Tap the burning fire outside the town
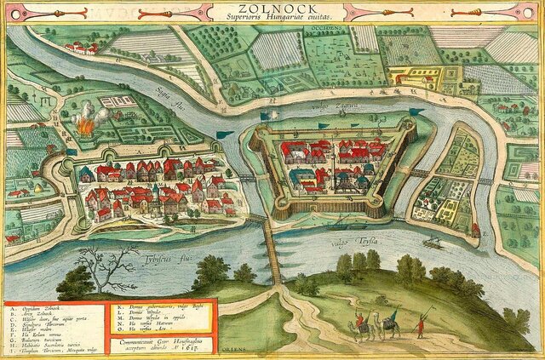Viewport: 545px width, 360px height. (x=84, y=126)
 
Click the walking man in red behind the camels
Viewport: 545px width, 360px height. (x=418, y=327)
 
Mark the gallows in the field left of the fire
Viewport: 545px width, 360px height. (x=47, y=127)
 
